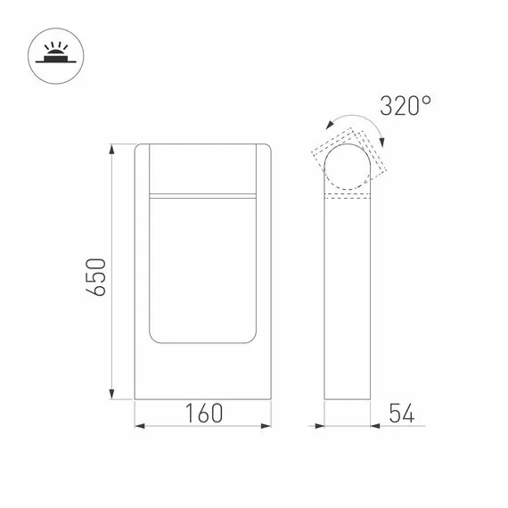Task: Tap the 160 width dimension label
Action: click(203, 414)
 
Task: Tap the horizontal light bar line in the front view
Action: click(203, 193)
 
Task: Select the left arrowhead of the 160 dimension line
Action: click(139, 425)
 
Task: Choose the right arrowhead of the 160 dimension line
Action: click(267, 425)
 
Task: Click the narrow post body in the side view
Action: click(347, 294)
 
